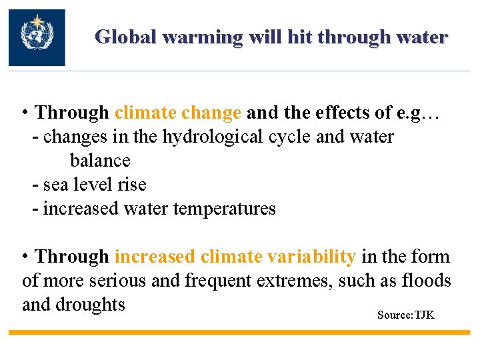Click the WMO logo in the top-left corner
tap(37, 37)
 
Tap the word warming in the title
tap(203, 37)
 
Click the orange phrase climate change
tap(178, 113)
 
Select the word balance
tap(100, 161)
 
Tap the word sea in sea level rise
tap(55, 185)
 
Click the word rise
tap(133, 185)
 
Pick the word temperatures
tap(224, 209)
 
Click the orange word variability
tap(311, 257)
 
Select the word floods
tap(427, 281)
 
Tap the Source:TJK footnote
tap(405, 315)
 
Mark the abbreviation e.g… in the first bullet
tap(417, 113)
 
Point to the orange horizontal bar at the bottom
tap(240, 332)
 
